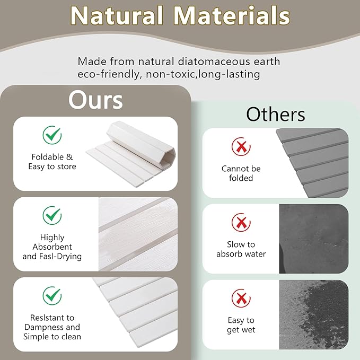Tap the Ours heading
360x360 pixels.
click(x=95, y=99)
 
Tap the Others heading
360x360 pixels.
click(x=275, y=114)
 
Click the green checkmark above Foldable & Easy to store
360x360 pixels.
click(x=52, y=135)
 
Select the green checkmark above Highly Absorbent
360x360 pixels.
click(x=52, y=215)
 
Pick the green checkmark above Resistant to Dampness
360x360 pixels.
click(x=52, y=295)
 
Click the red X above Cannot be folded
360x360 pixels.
click(x=241, y=146)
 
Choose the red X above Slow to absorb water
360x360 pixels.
click(x=241, y=223)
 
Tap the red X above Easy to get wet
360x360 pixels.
click(x=241, y=298)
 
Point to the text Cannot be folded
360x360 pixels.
click(x=241, y=173)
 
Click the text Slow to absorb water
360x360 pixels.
click(x=241, y=249)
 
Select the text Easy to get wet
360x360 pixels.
click(x=241, y=325)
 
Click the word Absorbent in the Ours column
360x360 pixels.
click(x=52, y=247)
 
